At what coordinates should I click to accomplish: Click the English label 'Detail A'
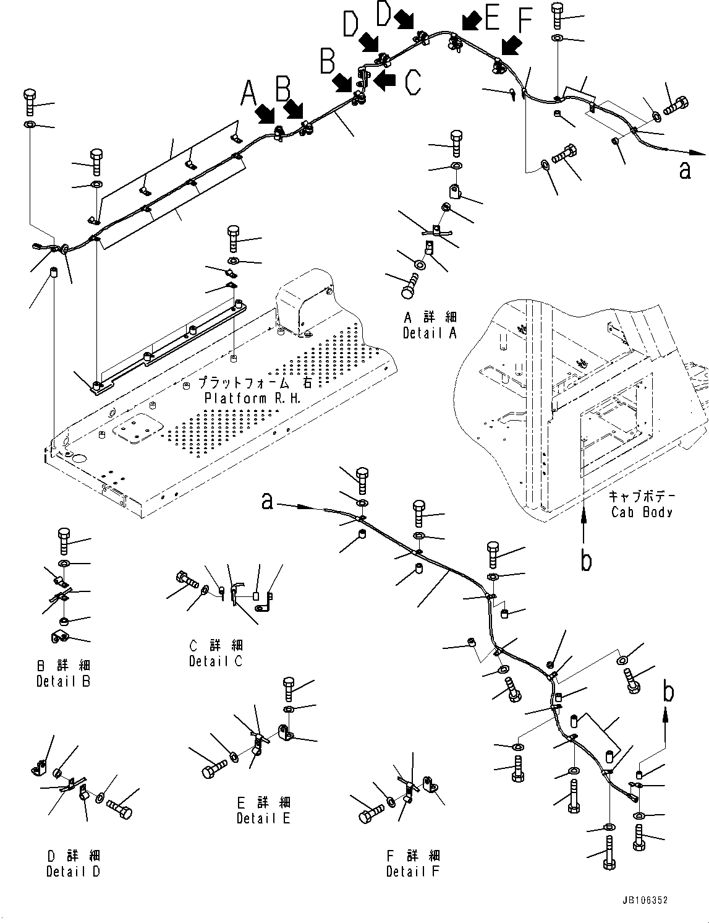click(x=430, y=333)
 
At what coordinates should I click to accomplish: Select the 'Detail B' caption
click(x=63, y=681)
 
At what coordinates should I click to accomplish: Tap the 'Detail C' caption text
click(x=216, y=661)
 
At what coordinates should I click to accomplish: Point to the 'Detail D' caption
click(x=73, y=871)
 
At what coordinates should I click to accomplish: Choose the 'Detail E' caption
click(x=263, y=818)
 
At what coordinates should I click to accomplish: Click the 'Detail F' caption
click(x=413, y=871)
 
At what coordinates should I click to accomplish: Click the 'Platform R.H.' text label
click(x=253, y=398)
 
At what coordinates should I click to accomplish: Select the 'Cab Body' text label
click(x=642, y=512)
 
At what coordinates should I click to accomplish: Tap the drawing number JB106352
click(x=645, y=901)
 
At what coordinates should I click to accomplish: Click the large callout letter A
click(x=248, y=93)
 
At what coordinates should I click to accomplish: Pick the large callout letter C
click(x=413, y=82)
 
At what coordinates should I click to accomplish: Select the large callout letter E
click(x=492, y=19)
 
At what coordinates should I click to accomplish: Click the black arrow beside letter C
click(x=384, y=79)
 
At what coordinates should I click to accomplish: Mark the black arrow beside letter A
click(x=267, y=113)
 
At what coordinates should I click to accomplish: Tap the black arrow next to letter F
click(x=511, y=45)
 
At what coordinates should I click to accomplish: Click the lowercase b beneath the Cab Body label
click(x=585, y=559)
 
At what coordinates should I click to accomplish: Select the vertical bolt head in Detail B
click(x=64, y=536)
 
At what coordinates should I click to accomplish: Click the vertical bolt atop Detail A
click(x=456, y=142)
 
